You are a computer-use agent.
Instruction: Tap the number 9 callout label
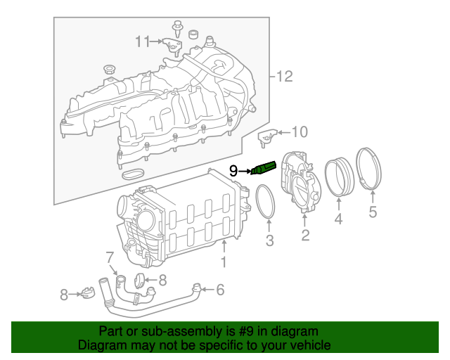click(x=234, y=170)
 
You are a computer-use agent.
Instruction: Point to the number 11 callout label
click(x=143, y=41)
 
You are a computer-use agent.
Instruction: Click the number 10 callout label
click(x=300, y=131)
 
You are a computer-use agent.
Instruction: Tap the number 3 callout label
click(x=269, y=243)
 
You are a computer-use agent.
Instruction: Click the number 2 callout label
click(x=305, y=236)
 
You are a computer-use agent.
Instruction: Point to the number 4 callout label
click(x=338, y=220)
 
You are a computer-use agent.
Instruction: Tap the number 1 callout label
click(x=224, y=263)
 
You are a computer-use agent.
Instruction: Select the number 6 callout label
click(x=220, y=289)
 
